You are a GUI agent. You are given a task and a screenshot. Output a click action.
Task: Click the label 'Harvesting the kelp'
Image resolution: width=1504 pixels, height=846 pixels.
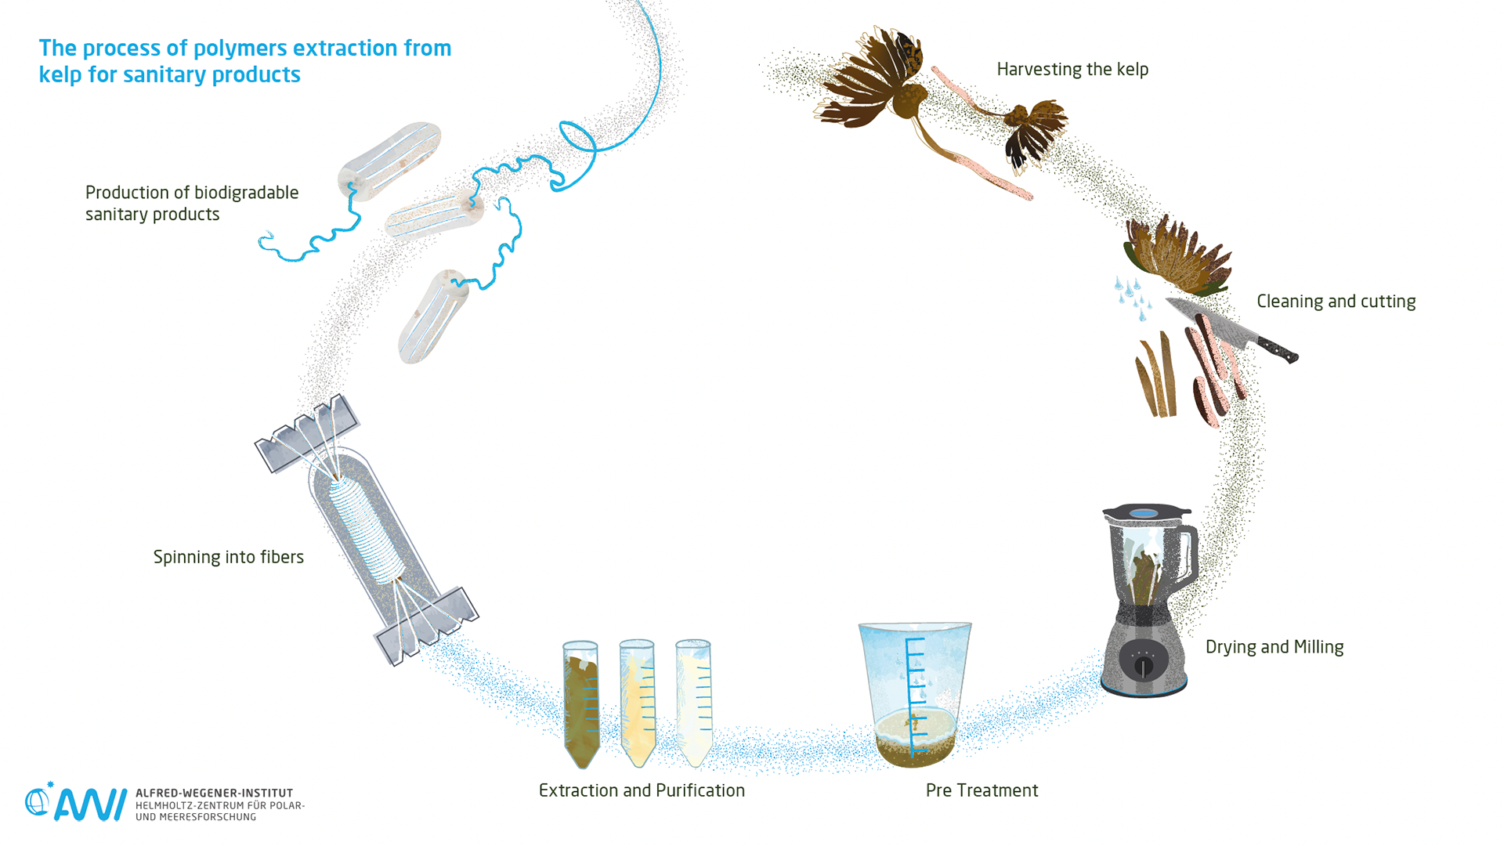[x=1072, y=69]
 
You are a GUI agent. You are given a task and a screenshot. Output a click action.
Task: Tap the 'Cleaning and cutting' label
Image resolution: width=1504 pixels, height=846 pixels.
[x=1336, y=302]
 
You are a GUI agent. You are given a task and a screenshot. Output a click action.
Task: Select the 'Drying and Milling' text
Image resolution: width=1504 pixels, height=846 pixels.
[x=1274, y=647]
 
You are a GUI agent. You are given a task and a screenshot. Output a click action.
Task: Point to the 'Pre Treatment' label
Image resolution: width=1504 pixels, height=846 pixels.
[x=982, y=790]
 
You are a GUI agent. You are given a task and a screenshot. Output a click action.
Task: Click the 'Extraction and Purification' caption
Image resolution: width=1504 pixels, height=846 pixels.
[x=642, y=790]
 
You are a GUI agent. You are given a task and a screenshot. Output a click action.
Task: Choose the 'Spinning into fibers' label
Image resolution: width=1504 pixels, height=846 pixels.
[x=228, y=557]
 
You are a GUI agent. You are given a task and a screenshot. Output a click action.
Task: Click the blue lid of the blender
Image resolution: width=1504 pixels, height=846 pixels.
[x=1144, y=513]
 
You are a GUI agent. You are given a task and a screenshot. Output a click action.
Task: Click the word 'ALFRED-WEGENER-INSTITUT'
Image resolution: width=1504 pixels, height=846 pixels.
[x=214, y=793]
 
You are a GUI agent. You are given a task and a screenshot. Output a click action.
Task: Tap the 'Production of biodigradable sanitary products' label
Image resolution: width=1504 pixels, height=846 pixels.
[x=191, y=204]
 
